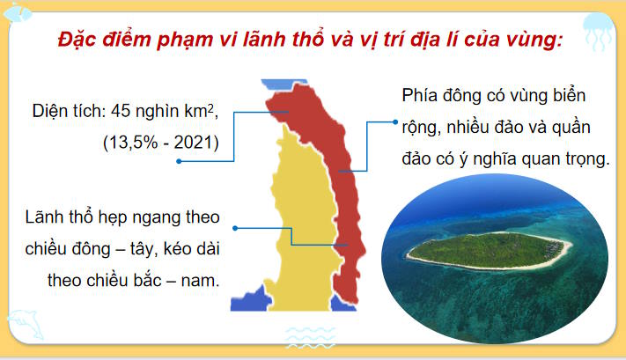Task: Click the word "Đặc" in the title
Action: (77, 41)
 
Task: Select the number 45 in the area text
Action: (122, 112)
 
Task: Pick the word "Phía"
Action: (421, 95)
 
